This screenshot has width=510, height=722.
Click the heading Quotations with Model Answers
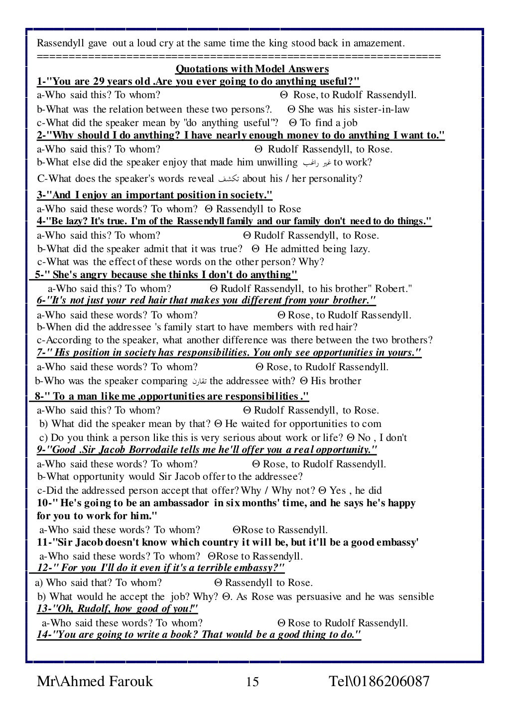click(x=253, y=69)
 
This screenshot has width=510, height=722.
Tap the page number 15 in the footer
click(x=253, y=682)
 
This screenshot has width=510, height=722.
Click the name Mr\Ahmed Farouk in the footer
click(x=95, y=681)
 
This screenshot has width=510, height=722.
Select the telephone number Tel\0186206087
click(x=379, y=681)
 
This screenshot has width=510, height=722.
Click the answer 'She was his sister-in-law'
click(x=354, y=109)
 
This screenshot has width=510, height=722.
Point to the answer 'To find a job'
click(x=328, y=123)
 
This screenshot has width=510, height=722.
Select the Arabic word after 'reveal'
click(x=228, y=179)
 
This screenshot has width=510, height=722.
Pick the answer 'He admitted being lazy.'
click(x=317, y=249)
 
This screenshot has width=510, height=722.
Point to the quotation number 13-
click(x=45, y=609)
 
